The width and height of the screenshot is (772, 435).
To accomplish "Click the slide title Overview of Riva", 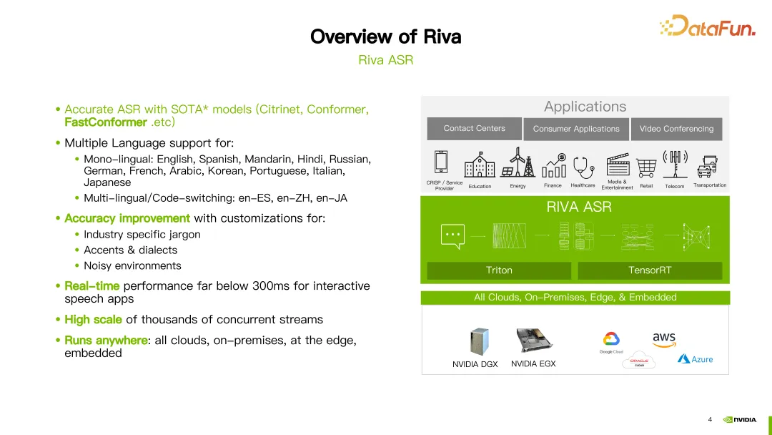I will [x=385, y=36].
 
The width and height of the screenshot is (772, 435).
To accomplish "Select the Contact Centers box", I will [x=474, y=129].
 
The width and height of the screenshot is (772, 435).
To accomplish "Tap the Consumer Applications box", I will [x=576, y=129].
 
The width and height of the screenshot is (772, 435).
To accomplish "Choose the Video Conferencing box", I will [x=676, y=129].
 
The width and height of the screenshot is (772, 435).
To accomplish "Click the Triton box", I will [x=499, y=270].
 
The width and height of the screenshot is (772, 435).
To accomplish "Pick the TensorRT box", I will [x=650, y=270].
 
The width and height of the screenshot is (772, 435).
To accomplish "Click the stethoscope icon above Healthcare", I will [x=583, y=165].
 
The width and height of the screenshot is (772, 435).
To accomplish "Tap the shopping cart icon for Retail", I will [x=646, y=166].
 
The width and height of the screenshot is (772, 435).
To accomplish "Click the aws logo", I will [x=664, y=339].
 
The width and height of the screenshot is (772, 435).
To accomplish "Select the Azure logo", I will [x=696, y=359].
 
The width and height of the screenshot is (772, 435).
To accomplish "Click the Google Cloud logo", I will [x=611, y=342].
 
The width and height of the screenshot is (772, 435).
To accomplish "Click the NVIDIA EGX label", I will [x=533, y=364].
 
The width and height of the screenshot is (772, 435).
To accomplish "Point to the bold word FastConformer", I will [x=105, y=122].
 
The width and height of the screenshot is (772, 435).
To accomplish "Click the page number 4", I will [x=710, y=419].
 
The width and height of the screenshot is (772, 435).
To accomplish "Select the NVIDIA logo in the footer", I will [x=740, y=420].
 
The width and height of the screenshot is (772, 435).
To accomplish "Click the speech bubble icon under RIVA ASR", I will [x=453, y=235].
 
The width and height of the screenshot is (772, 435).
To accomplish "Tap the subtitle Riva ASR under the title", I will [x=385, y=60].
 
